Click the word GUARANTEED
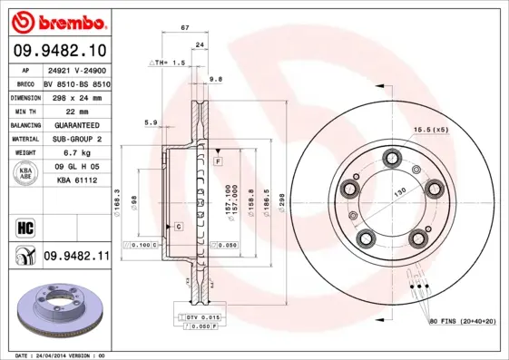click(77, 124)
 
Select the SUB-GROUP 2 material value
click(77, 139)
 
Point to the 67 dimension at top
click(185, 28)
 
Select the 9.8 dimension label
click(216, 80)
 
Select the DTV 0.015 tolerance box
click(204, 316)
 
